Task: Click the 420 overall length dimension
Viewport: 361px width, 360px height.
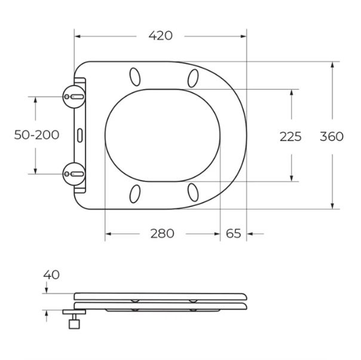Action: coord(160,36)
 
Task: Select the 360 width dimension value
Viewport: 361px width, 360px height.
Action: coord(331,136)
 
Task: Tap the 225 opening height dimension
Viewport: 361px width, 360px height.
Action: coord(290,136)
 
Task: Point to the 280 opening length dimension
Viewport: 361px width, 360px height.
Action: coord(162,234)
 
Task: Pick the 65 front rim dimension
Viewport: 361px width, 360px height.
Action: coord(233,234)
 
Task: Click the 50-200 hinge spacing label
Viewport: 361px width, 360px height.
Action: coord(36,135)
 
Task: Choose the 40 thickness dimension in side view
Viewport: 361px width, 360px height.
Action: coord(51,275)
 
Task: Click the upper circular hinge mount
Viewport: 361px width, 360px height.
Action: coord(74,96)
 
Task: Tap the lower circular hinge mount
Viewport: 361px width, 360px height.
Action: coord(74,174)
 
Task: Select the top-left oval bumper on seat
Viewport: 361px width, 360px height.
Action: coord(135,77)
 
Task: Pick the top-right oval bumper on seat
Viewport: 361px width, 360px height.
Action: coord(193,78)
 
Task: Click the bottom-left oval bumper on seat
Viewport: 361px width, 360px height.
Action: coord(135,193)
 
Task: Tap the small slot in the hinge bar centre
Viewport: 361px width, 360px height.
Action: coord(80,135)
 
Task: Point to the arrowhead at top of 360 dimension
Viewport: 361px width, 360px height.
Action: coord(332,65)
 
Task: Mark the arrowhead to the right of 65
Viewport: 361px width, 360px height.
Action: coord(250,234)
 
